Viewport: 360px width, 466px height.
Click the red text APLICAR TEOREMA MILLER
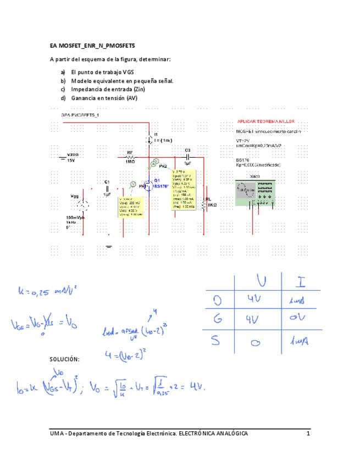tap(266, 121)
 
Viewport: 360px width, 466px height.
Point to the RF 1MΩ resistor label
tap(130, 157)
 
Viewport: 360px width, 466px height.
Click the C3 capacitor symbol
tap(187, 157)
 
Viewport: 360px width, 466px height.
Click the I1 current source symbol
tap(150, 138)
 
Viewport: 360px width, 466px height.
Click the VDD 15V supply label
tap(72, 158)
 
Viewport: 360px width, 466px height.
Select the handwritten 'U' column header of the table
tap(261, 282)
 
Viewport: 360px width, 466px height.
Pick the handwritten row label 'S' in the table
tap(217, 342)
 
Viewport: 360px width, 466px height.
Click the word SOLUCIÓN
tap(64, 359)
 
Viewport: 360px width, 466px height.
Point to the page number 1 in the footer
tap(308, 434)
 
